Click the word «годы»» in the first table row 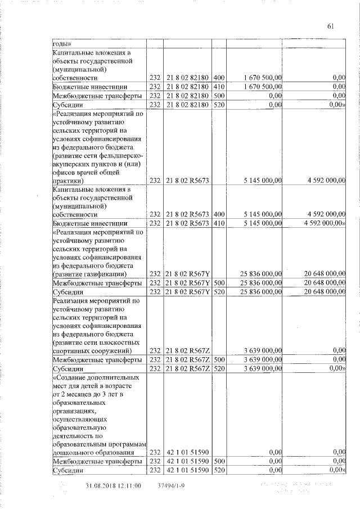(x=62, y=43)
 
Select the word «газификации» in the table (x=105, y=274)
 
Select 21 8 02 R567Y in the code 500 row (x=187, y=283)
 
